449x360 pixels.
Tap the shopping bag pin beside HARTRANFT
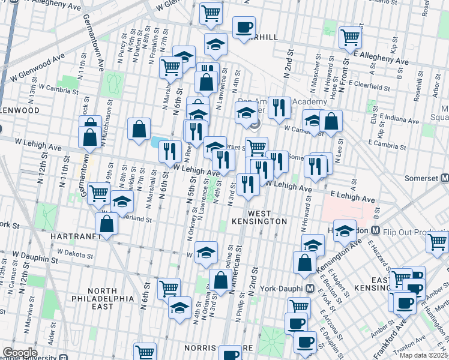tap(106, 224)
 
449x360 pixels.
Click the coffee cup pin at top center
tap(244, 28)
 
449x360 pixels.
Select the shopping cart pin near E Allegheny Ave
tap(350, 37)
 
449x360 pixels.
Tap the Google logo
tap(20, 352)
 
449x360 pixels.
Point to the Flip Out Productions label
tap(415, 230)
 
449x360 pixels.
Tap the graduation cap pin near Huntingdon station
tap(345, 230)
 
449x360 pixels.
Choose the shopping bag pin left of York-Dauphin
tap(305, 262)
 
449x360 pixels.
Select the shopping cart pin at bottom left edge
tap(144, 352)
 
